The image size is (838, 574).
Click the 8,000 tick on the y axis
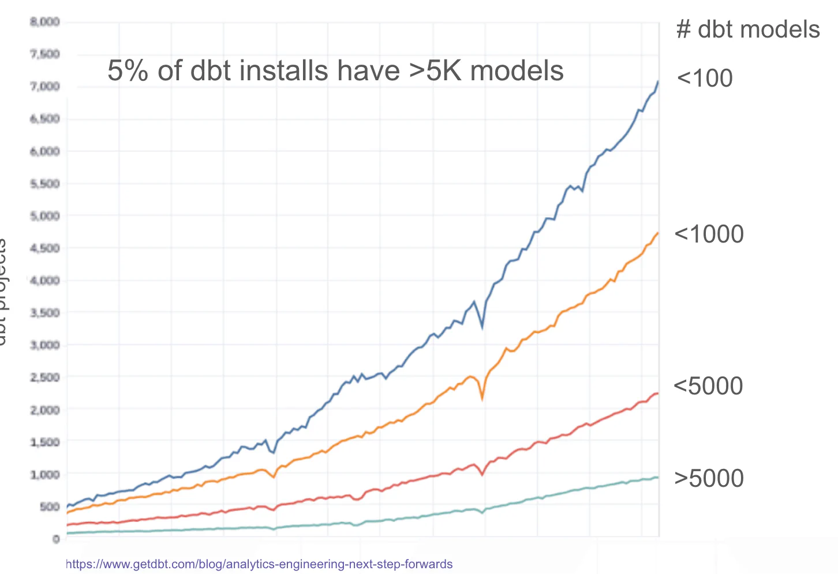point(45,22)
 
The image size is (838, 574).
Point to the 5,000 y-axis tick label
point(45,216)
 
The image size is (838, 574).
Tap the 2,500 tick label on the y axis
point(45,378)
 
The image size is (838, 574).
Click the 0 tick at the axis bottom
point(56,539)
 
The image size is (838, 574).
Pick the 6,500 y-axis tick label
point(45,119)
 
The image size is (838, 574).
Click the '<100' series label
point(704,79)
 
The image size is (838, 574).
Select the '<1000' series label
point(709,234)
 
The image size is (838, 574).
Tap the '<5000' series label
point(708,386)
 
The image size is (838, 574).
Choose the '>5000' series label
point(709,479)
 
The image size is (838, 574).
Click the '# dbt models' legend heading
point(747,29)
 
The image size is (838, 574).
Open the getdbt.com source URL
point(259,564)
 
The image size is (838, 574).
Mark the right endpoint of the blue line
point(658,82)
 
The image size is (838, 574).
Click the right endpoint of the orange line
point(658,233)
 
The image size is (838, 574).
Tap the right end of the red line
point(658,393)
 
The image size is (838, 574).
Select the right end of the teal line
point(658,477)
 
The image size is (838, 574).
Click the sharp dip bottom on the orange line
point(482,398)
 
